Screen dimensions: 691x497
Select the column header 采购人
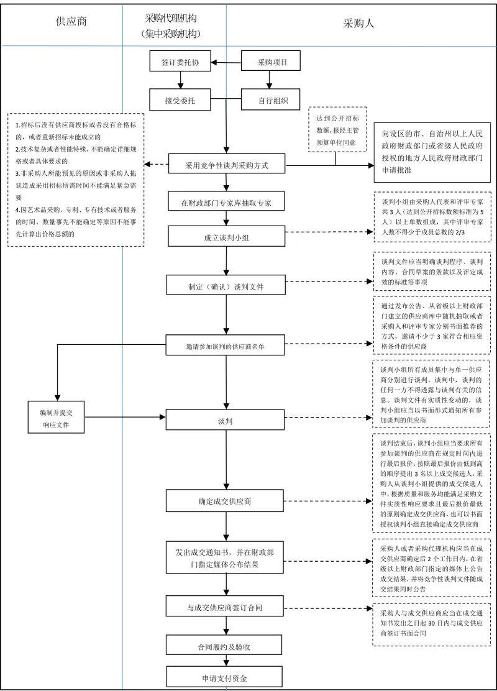(359, 24)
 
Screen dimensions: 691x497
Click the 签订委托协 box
(180, 62)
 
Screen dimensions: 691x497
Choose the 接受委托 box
(180, 99)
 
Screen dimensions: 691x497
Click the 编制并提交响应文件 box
(57, 417)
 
